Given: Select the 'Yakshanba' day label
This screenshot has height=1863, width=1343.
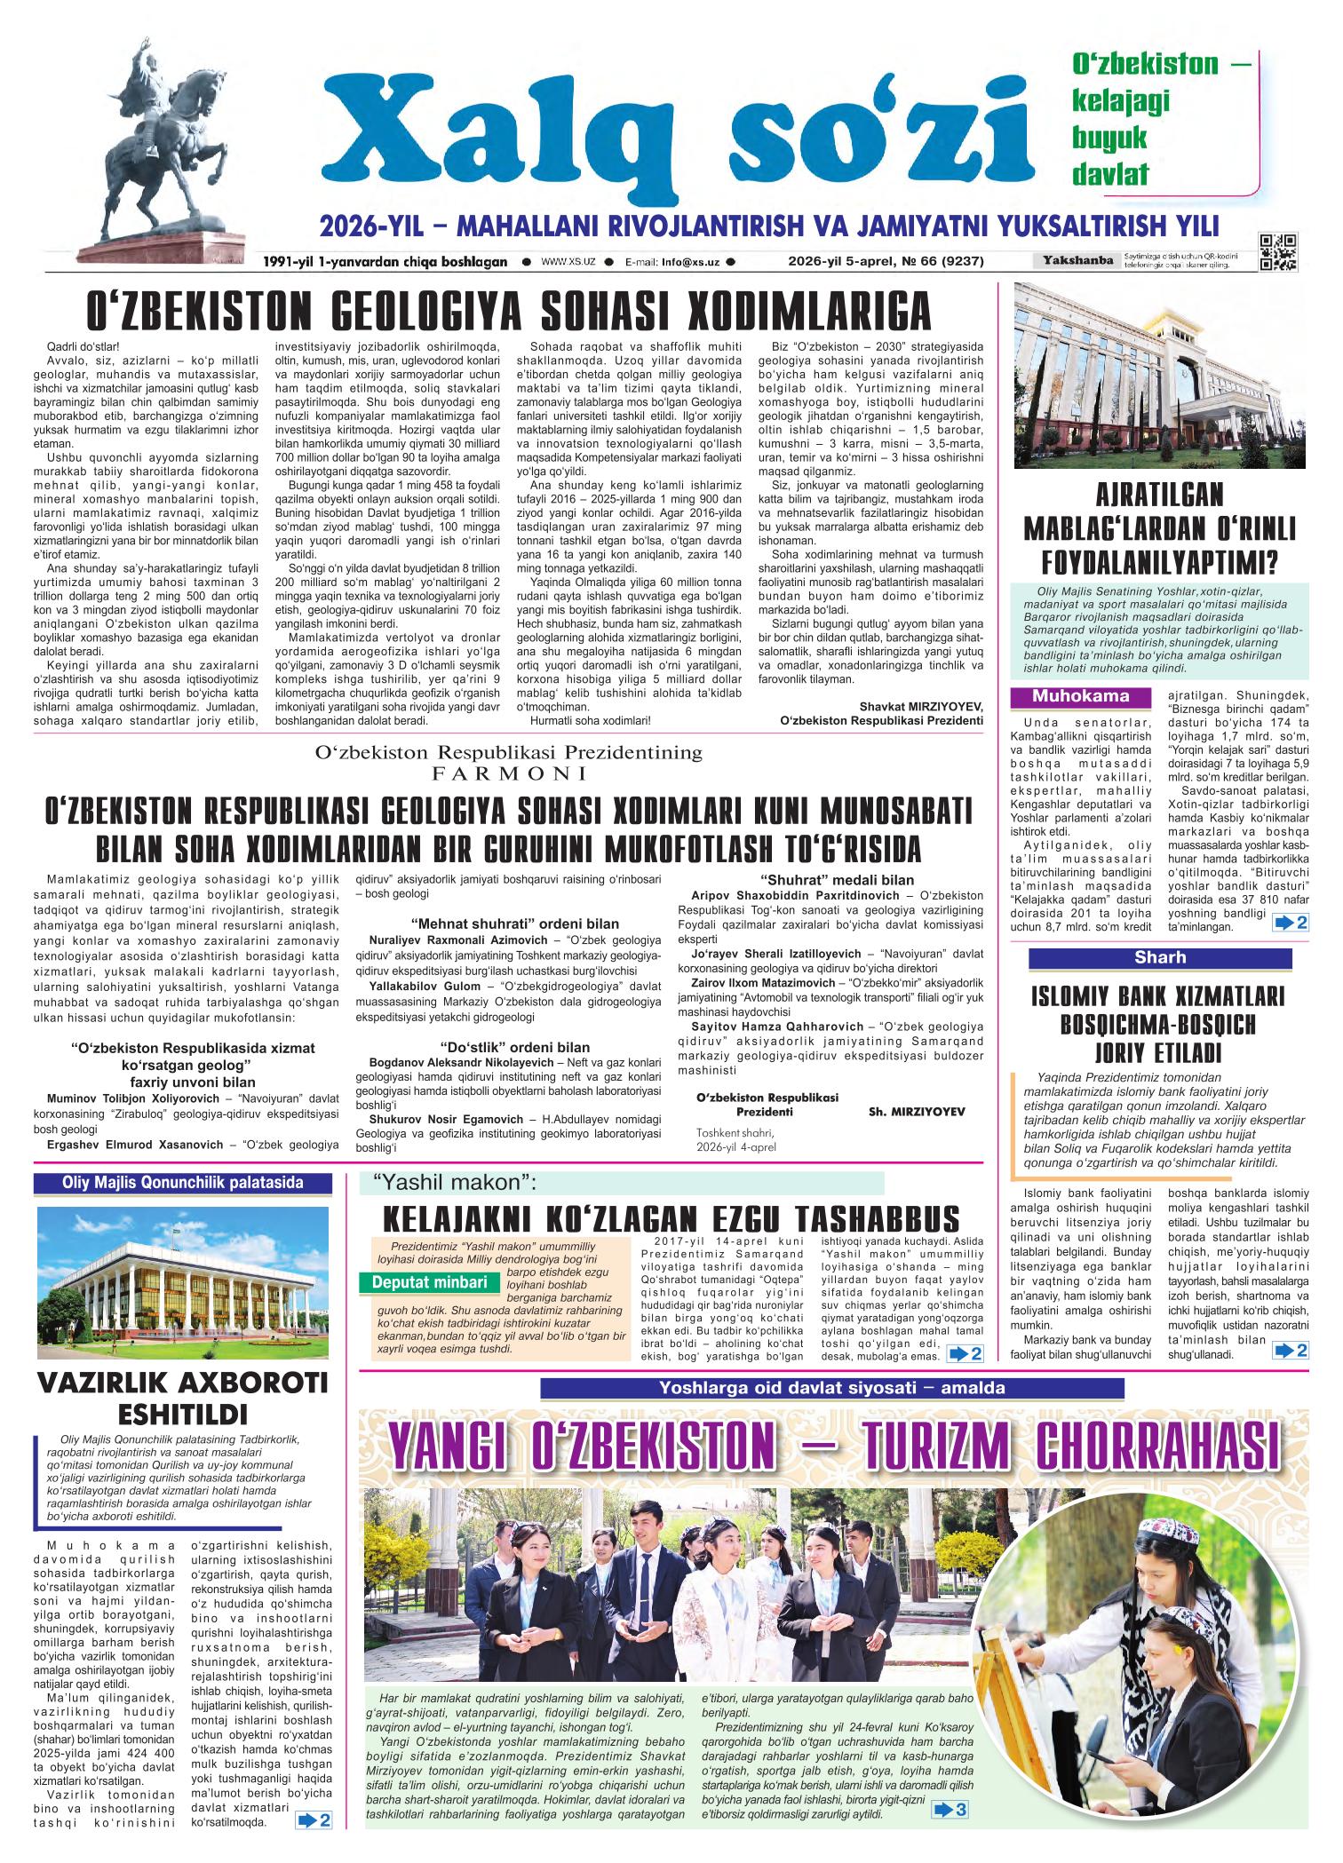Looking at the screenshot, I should [1076, 261].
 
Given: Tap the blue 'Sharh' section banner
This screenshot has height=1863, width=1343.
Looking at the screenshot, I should [1159, 958].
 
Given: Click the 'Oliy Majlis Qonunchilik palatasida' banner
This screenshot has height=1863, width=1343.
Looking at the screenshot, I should [182, 1183].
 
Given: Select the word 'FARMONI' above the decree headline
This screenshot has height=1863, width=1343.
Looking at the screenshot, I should [508, 773].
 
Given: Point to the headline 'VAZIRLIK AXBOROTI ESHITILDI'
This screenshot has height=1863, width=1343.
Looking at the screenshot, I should [182, 1397].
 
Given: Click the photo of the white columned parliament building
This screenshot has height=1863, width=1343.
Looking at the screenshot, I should [182, 1280].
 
